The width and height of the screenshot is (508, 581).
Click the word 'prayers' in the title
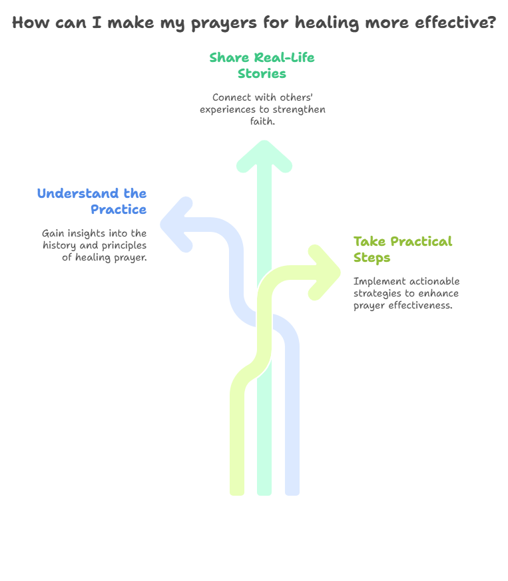[x=224, y=23]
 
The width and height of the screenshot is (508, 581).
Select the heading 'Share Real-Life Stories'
[x=262, y=65]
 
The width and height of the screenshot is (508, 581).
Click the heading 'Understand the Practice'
[x=92, y=201]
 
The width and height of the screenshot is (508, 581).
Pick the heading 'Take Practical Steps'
[x=403, y=250]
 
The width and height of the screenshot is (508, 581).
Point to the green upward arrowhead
[x=264, y=156]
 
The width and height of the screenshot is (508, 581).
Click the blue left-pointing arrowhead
[x=176, y=225]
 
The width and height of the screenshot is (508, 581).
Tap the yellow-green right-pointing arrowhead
[x=324, y=273]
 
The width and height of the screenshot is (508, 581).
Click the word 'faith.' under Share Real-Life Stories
[x=262, y=121]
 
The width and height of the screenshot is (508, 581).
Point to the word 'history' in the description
[x=59, y=246]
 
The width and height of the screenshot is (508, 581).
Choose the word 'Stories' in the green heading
[x=262, y=74]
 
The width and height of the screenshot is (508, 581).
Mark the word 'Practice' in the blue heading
[x=119, y=210]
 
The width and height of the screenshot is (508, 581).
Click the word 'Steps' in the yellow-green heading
[x=372, y=259]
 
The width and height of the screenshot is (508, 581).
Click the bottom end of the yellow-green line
[x=237, y=494]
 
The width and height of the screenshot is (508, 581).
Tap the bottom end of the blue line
[x=292, y=494]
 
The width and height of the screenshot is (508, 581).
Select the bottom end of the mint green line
[x=264, y=494]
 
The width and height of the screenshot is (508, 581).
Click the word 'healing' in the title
[x=327, y=23]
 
